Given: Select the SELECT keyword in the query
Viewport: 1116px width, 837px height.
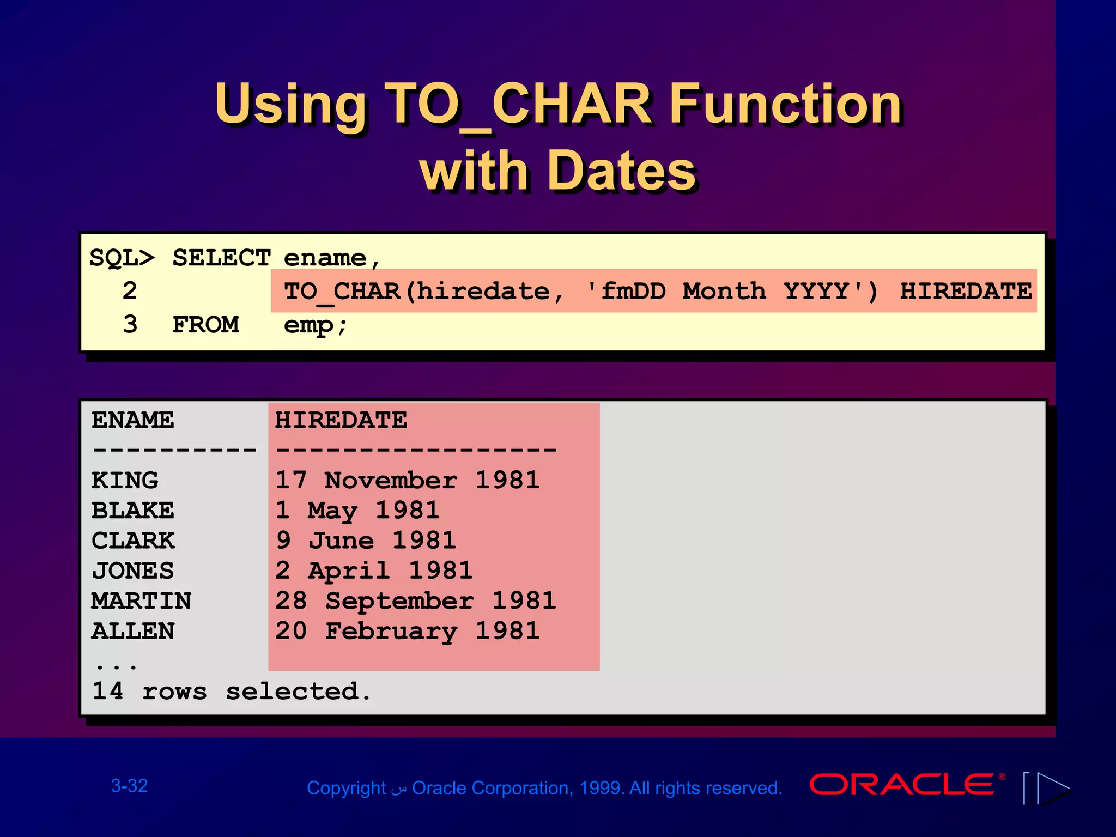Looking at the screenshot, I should point(221,258).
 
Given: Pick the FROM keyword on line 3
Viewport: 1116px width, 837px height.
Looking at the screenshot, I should point(205,325).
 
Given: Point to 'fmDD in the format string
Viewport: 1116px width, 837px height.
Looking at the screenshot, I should point(626,291).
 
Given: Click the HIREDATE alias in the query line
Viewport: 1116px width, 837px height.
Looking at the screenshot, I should point(965,291).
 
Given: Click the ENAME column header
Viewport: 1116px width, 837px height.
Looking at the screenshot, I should point(133,420).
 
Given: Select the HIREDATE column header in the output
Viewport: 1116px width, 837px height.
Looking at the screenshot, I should point(341,420).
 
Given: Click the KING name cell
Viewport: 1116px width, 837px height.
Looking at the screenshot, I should point(125,481).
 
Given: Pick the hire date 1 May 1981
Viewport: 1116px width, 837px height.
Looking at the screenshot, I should point(357,511).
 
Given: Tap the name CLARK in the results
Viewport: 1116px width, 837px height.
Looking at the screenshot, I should point(133,541).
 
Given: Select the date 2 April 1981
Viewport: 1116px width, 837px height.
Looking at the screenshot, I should point(374,571).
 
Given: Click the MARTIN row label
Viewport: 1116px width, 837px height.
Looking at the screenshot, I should point(141,601).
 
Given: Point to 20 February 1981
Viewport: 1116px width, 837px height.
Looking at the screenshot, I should point(407,631).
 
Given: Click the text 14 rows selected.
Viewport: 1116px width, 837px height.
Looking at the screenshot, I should point(232,692).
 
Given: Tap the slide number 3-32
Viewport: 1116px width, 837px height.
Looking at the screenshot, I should point(130,786).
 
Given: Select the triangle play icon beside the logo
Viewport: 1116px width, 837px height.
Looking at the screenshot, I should point(1052,788).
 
